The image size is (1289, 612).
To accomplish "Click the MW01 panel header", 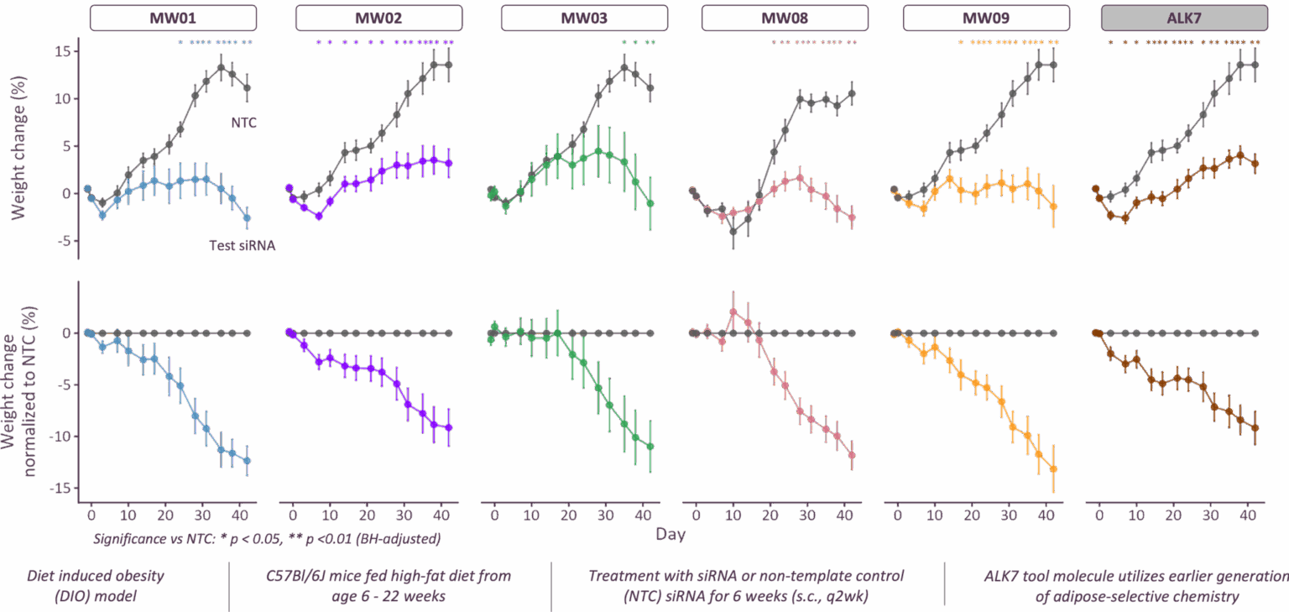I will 173,18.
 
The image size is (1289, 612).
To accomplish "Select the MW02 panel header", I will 378,18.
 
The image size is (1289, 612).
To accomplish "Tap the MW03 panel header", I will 584,18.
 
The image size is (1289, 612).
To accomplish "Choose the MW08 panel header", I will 785,18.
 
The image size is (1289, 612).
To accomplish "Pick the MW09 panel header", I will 986,18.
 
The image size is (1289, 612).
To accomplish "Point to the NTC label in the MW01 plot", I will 243,123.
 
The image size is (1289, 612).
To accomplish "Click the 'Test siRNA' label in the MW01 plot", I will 242,246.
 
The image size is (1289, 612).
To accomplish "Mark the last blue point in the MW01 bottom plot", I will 247,460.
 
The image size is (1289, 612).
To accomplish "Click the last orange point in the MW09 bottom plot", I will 1053,468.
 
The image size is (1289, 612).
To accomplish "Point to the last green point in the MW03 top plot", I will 650,203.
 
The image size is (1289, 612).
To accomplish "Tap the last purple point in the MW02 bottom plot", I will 448,427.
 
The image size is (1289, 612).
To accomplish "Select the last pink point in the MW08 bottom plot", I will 852,455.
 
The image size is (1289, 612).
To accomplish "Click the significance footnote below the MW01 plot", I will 267,536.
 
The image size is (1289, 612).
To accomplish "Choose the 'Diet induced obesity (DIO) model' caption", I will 95,585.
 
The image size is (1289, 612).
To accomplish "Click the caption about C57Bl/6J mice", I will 388,585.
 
